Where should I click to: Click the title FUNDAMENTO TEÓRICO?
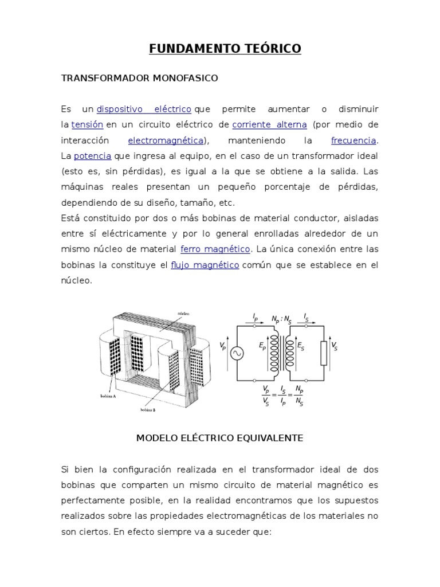coord(225,49)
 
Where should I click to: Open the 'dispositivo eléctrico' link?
coord(143,109)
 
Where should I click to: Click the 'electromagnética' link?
coord(165,140)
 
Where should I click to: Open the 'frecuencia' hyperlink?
coord(353,140)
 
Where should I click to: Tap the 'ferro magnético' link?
coord(215,249)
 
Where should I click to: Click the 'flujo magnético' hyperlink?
coord(205,265)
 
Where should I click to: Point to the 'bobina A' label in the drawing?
coord(103,396)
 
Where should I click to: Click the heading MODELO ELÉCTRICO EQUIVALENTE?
coord(219,439)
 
